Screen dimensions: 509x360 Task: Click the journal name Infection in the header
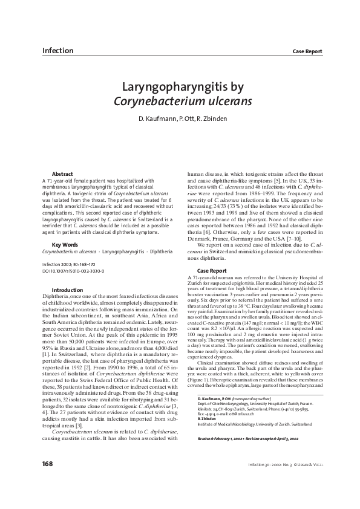pos(57,50)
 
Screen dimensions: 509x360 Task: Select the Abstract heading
pos(63,173)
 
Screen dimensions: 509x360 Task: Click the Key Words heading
pos(65,244)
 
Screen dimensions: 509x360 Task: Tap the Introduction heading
pos(68,290)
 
